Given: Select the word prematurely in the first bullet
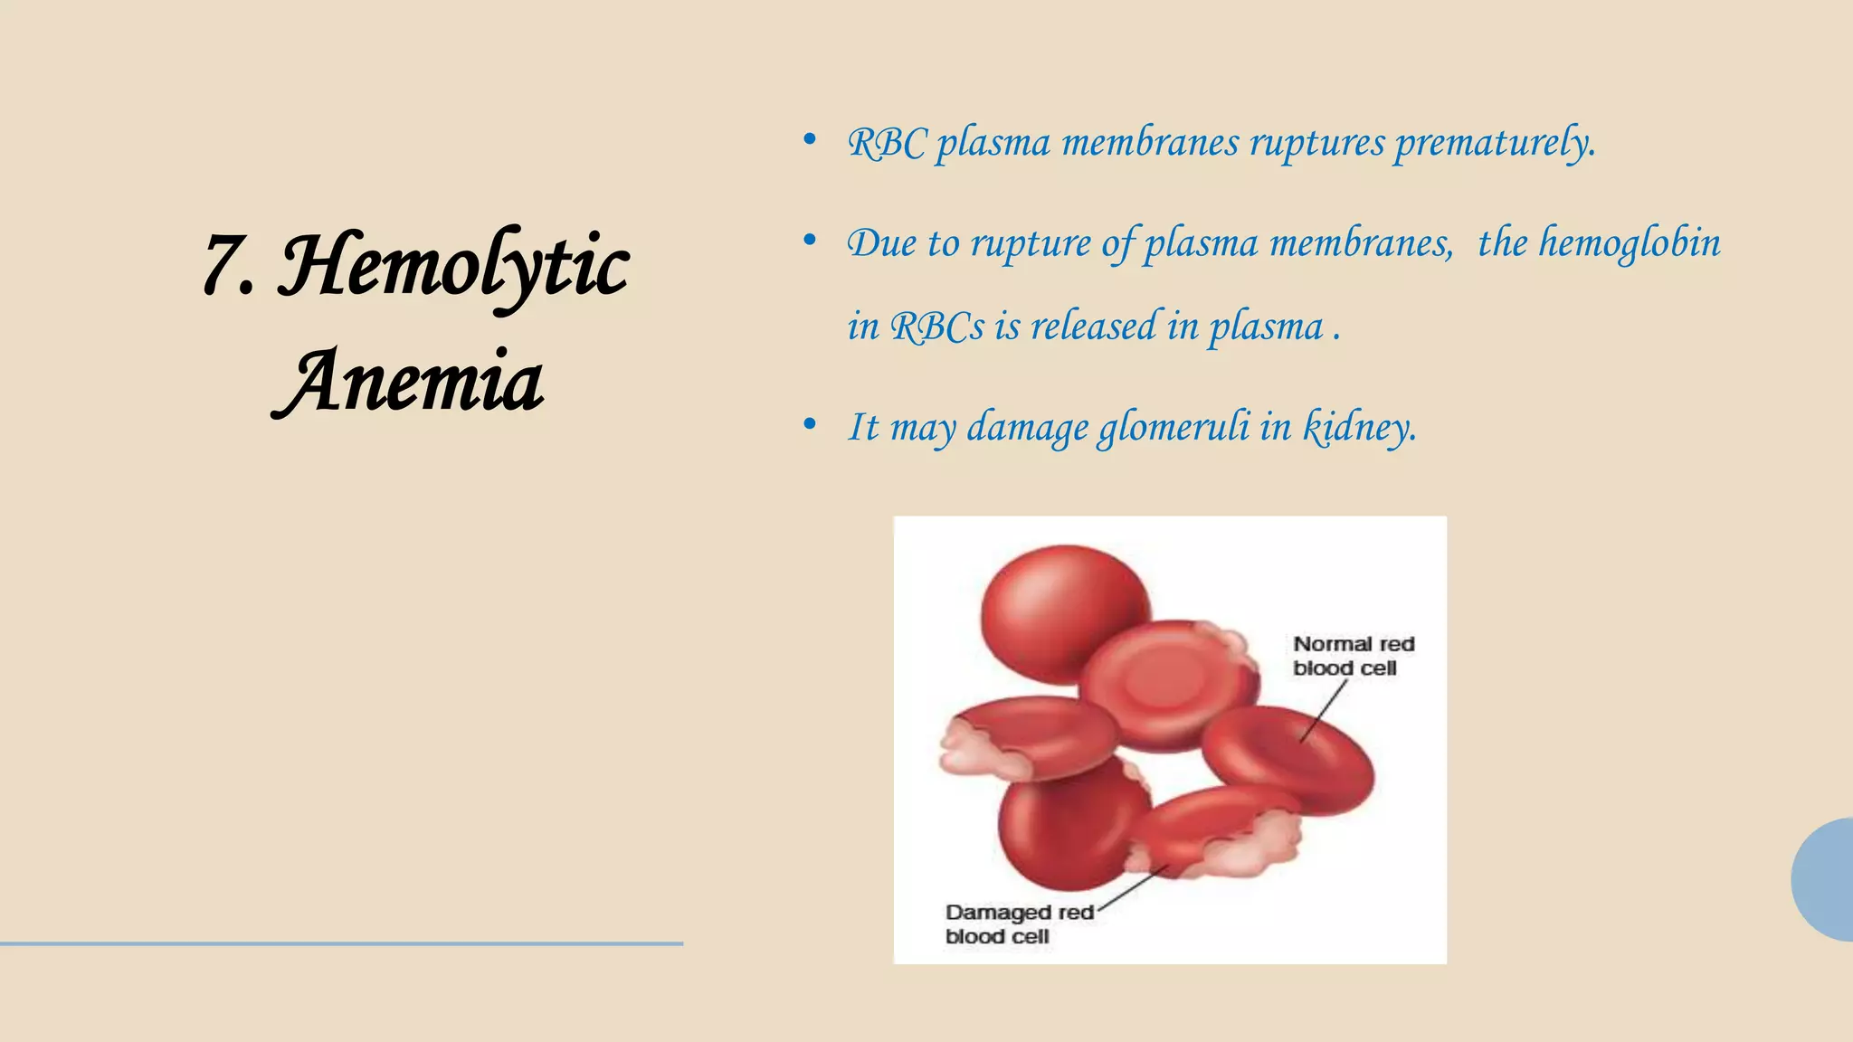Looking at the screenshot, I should click(x=1495, y=143).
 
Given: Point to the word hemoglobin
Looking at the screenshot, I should click(x=1630, y=242).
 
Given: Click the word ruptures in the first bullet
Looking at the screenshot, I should click(x=1316, y=143).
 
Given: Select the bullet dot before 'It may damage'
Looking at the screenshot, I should click(x=810, y=424).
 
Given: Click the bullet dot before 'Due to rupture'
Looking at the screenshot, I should click(x=810, y=240).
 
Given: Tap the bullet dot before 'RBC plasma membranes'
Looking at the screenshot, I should click(x=810, y=140).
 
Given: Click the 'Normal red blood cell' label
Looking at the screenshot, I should click(x=1353, y=656).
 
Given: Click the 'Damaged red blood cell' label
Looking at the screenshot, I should click(x=1019, y=924).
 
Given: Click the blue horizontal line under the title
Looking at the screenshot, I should click(x=341, y=943).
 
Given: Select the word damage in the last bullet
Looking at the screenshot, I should click(x=1028, y=427).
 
